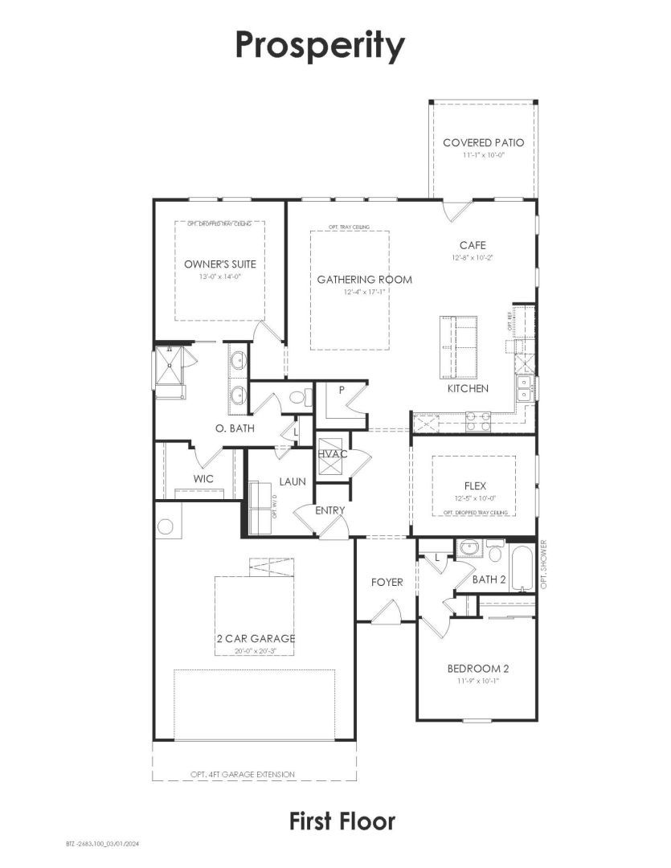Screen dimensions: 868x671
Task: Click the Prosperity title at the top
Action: pos(319,46)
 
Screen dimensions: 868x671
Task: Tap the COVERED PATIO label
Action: pos(483,143)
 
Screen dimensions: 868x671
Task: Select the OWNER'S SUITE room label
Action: pos(219,264)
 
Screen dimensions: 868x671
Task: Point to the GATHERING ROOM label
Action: pos(364,280)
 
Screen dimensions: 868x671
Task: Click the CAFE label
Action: pos(473,245)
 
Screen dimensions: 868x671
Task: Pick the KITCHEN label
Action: pos(468,388)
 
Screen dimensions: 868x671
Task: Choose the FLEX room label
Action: pos(475,486)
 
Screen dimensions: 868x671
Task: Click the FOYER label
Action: pos(387,582)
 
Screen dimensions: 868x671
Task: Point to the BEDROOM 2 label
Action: pos(478,668)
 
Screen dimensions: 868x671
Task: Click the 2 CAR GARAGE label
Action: pos(255,638)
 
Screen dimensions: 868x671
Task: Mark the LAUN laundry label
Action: pos(292,481)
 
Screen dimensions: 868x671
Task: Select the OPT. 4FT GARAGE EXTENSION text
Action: pos(242,774)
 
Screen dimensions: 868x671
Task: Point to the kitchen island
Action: pos(457,346)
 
